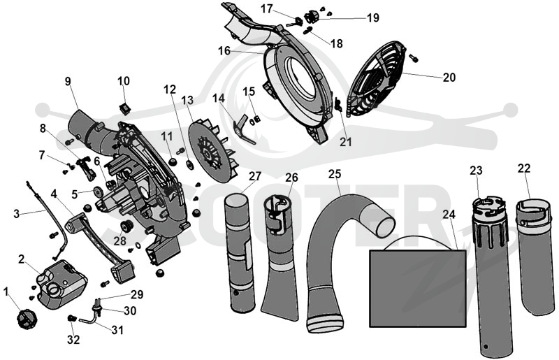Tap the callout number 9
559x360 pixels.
coord(68,82)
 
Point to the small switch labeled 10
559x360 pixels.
coord(124,108)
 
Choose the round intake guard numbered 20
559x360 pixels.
coord(376,78)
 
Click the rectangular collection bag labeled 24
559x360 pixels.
coord(418,288)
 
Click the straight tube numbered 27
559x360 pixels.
coord(240,253)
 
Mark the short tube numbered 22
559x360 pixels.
coord(535,257)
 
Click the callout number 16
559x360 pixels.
coord(224,51)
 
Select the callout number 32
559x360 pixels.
coord(73,340)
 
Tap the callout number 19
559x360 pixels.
coord(373,17)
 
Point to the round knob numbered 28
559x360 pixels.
coord(126,226)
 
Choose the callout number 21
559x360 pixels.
coord(345,142)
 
